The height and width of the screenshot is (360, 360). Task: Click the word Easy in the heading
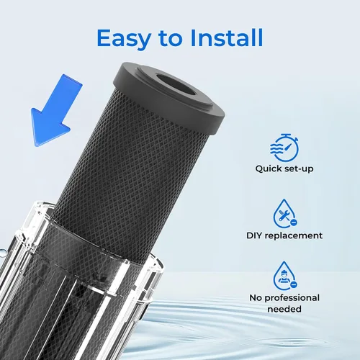124,38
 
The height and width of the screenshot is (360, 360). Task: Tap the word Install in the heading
227,37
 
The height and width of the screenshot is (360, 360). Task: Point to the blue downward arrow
57,111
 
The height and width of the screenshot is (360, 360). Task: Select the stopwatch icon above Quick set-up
284,148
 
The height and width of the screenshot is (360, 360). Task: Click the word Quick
269,169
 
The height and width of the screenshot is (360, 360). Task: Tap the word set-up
299,169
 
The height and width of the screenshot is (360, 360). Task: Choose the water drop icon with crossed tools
285,214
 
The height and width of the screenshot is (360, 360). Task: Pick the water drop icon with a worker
285,276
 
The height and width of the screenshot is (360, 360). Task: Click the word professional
292,298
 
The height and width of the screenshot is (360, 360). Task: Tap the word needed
284,309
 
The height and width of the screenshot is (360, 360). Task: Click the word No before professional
256,298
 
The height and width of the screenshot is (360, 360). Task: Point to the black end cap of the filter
169,98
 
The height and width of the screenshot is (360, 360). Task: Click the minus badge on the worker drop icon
293,285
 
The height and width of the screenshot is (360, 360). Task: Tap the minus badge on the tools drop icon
294,222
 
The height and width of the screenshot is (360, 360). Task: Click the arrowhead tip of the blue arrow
36,145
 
